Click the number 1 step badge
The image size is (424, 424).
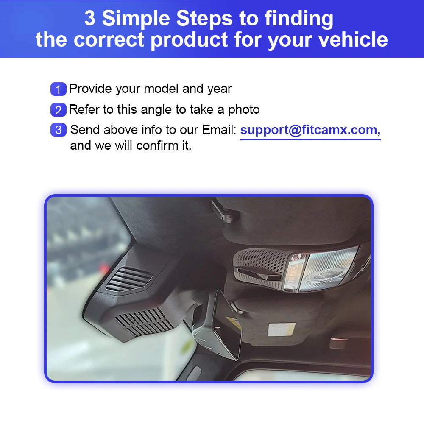click(x=59, y=89)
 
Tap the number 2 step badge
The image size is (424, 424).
click(x=59, y=110)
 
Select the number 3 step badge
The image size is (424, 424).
click(x=59, y=130)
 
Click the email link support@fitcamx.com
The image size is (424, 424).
click(x=310, y=130)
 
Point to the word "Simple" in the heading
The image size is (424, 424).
click(x=136, y=18)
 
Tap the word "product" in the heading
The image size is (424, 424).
click(x=189, y=40)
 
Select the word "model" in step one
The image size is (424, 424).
click(x=161, y=89)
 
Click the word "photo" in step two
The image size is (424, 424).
click(x=244, y=110)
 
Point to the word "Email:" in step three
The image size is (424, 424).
click(x=219, y=130)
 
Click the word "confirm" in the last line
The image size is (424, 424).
click(x=157, y=145)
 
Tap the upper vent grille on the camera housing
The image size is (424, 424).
click(x=129, y=279)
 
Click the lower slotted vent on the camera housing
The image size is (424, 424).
click(x=144, y=322)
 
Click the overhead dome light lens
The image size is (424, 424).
click(x=329, y=269)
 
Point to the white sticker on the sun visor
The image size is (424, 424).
click(x=282, y=329)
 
